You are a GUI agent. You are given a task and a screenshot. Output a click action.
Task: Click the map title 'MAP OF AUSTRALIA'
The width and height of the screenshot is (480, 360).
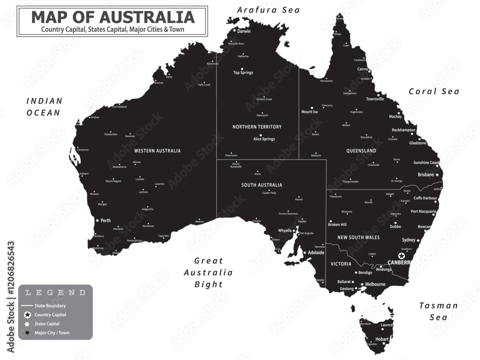coord(112,17)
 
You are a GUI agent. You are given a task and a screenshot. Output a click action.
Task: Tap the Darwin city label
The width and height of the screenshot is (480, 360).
coord(244,31)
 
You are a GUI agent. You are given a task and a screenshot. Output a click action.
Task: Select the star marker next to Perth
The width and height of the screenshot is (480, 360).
coord(97,220)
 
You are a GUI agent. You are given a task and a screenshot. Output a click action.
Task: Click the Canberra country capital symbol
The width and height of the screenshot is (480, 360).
coord(401,256)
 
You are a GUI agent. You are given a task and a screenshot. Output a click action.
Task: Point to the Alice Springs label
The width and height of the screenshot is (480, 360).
coord(264,139)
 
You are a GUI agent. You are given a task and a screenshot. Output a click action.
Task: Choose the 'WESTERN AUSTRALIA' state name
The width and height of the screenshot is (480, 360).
coord(157,151)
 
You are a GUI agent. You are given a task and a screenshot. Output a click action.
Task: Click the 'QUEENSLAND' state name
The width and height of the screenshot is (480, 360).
coord(361,151)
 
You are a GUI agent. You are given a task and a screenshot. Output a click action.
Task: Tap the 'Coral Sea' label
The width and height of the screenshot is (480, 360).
coord(434,91)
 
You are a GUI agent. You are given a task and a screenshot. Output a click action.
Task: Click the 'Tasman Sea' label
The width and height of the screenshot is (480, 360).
coord(438,311)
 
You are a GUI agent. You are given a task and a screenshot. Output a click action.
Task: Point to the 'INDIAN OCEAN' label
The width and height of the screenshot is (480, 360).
coord(44,107)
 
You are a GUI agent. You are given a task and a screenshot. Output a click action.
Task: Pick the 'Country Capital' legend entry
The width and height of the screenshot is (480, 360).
coord(50,315)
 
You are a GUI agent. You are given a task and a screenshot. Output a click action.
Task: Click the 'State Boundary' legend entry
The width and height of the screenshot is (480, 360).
coord(50,306)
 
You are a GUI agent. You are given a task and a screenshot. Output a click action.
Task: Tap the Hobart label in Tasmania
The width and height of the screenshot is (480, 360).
coord(383,339)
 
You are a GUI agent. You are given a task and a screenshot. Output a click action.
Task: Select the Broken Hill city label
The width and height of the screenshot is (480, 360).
coord(337,224)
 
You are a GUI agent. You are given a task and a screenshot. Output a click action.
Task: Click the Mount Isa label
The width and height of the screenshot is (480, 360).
coord(309,112)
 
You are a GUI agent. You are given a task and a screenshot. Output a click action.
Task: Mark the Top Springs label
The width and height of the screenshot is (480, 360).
coord(243,73)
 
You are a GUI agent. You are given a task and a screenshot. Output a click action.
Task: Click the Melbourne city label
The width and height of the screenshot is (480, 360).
coord(375,284)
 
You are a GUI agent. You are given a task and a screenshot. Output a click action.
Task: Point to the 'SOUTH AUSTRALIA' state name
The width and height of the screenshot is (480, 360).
coord(262,185)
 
